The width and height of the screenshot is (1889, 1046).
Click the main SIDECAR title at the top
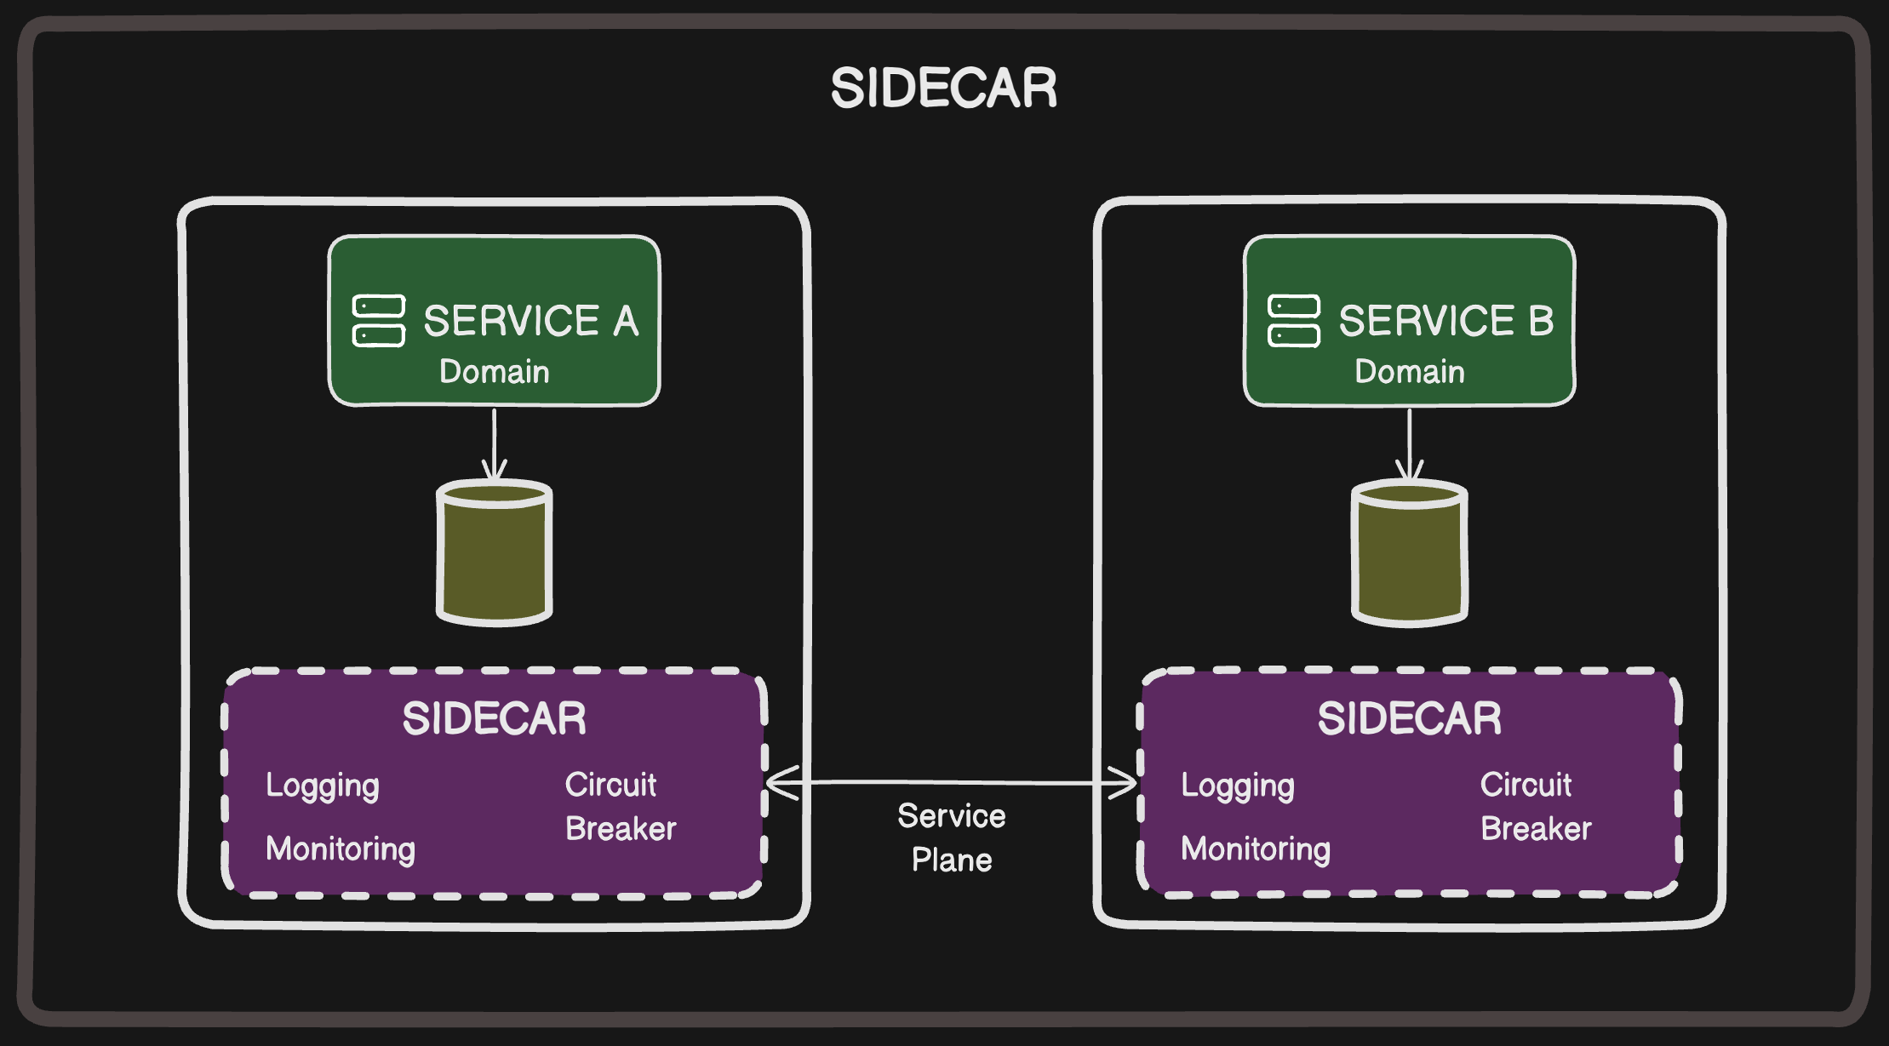[943, 89]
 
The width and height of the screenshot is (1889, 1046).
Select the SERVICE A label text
[530, 321]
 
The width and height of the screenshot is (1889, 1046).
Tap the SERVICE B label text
[1445, 321]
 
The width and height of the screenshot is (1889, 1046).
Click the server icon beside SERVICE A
[378, 321]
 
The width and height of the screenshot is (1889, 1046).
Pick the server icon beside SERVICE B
[1293, 321]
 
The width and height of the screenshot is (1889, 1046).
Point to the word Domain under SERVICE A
[494, 372]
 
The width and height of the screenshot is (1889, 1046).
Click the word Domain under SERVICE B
[1409, 372]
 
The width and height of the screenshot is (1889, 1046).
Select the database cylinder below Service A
[494, 553]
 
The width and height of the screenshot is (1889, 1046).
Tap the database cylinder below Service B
[1409, 553]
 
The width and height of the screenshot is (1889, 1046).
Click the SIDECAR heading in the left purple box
[494, 718]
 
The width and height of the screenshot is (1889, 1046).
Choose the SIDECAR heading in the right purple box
[1409, 718]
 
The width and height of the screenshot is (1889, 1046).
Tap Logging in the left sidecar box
[322, 786]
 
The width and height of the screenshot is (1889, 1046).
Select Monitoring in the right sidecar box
[1255, 849]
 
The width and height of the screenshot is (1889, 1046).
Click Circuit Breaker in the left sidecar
[619, 806]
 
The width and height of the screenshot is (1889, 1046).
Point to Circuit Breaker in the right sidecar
[1534, 806]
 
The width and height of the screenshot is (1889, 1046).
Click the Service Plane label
[951, 837]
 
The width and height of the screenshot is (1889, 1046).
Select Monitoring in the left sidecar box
[340, 849]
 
